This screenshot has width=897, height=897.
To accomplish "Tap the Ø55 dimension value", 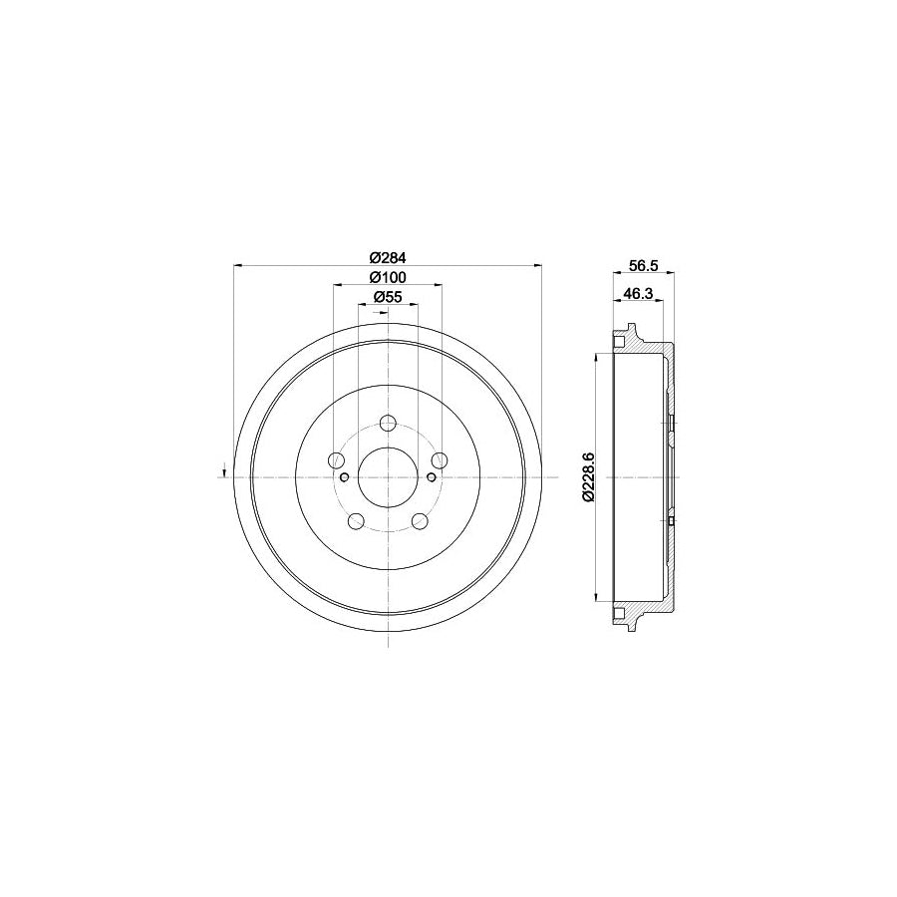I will coord(387,297).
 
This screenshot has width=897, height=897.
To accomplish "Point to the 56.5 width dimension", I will coord(643,267).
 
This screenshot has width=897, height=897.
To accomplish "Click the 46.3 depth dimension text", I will coord(637,295).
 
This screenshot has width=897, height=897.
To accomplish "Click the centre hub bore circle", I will coord(388,476).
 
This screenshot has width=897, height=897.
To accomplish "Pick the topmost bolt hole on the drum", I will coord(388,423).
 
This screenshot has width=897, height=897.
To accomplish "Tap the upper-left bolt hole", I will coord(337,459).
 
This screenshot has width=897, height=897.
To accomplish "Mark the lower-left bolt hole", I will coord(356,520).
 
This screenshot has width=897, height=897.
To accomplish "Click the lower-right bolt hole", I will coord(420,520).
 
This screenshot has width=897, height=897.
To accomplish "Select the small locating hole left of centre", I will coord(344,477).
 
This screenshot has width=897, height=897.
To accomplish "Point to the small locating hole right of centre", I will coord(431,477).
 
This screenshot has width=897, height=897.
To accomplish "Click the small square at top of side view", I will coord(619,343).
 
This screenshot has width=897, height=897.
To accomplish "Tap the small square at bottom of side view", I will coord(619,611).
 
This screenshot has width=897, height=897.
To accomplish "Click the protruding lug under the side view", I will coord(631,625).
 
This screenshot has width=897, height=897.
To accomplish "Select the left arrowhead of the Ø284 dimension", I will coord(236,265).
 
